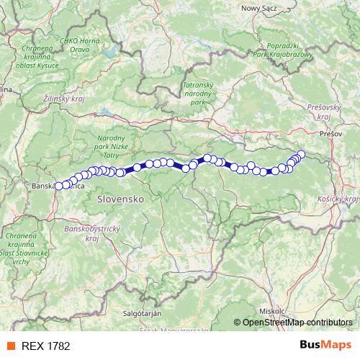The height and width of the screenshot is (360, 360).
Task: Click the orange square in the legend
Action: point(10,346)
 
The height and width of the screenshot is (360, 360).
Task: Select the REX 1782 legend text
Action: point(46,346)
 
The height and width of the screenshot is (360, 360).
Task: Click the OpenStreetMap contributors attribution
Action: point(297,323)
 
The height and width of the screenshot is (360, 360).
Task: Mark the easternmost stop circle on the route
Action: point(302,154)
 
